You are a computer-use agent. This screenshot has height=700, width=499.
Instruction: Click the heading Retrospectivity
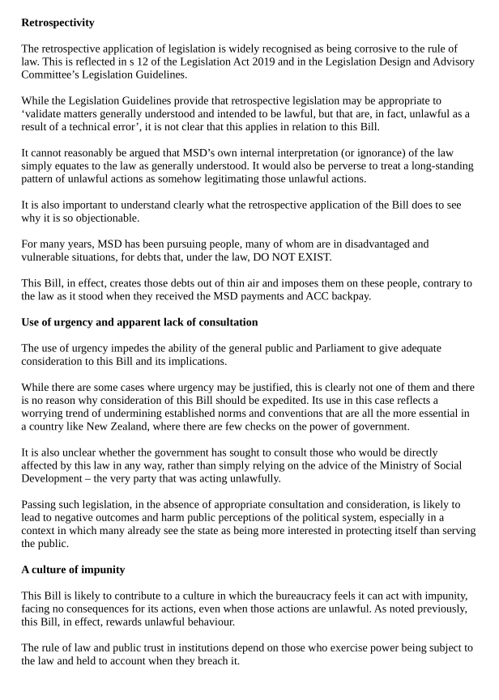(x=58, y=23)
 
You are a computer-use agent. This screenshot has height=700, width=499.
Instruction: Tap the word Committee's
(x=55, y=74)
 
